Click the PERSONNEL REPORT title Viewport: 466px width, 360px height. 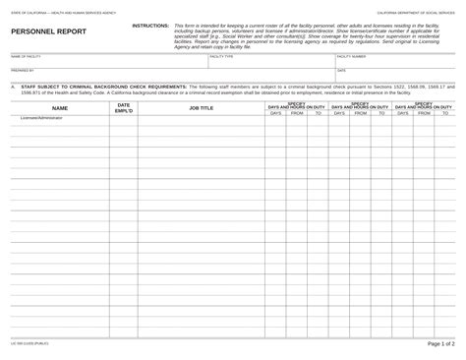click(x=48, y=31)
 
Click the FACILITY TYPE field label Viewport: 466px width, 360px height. click(x=221, y=57)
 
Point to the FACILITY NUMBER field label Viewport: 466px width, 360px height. click(x=352, y=57)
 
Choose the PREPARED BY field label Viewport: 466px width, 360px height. click(x=23, y=71)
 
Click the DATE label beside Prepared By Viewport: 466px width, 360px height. click(x=341, y=71)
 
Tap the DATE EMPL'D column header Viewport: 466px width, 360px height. click(x=123, y=107)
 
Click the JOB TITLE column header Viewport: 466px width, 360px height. click(x=201, y=108)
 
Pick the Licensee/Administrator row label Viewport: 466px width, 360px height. click(x=41, y=118)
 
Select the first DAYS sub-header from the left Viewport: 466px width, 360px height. click(x=275, y=113)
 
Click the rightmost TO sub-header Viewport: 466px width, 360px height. click(x=445, y=113)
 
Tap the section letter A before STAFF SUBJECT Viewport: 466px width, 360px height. click(x=14, y=86)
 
